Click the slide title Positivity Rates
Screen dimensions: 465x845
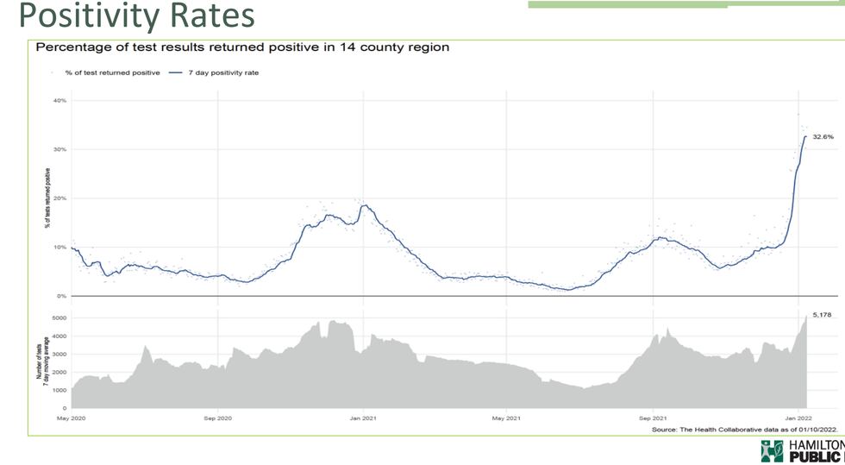(x=136, y=16)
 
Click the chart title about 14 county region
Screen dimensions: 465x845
(x=242, y=47)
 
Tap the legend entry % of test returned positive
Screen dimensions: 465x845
(x=110, y=72)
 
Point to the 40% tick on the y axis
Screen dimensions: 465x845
(x=59, y=101)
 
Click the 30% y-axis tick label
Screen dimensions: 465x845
(x=59, y=150)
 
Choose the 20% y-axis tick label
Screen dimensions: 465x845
(x=59, y=198)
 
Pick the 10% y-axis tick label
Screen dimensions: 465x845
(x=59, y=248)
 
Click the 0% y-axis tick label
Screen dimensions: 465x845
(x=61, y=296)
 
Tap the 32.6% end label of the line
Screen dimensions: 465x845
(x=823, y=136)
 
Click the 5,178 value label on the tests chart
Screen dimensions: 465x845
(x=823, y=315)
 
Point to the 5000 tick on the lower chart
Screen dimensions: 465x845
(x=59, y=318)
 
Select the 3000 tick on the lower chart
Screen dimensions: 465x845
(x=59, y=354)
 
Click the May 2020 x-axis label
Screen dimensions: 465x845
(x=72, y=418)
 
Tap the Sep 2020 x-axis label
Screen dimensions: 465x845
(x=217, y=418)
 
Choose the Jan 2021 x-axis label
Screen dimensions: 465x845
(x=363, y=418)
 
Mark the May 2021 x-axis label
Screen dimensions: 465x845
(x=506, y=418)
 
